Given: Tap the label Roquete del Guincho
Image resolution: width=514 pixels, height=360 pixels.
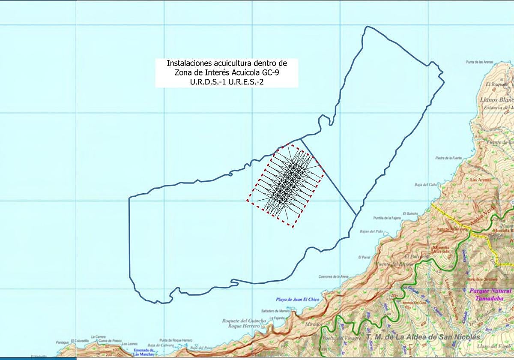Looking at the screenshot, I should (244, 321).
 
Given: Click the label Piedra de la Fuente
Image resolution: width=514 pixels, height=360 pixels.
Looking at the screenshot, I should (448, 158).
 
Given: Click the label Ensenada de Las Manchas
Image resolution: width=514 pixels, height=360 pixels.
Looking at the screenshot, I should (137, 352).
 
